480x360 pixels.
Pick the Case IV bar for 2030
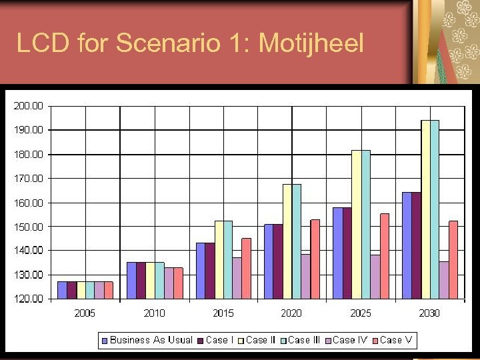tap(443, 280)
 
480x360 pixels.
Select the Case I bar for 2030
tap(416, 245)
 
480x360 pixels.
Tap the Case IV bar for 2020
tap(305, 276)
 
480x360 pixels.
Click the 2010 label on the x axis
tap(155, 313)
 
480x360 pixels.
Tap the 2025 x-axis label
tap(360, 313)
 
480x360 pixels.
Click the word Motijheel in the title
tap(311, 44)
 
